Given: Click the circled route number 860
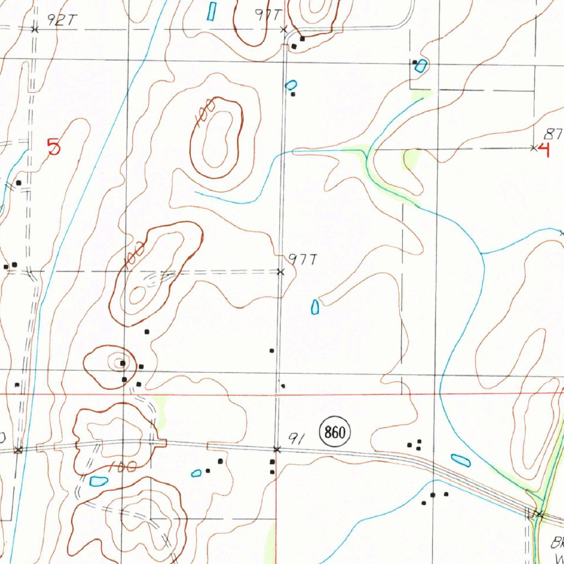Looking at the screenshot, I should [x=334, y=432].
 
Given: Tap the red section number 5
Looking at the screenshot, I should [x=53, y=147].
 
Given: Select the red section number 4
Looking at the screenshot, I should [x=545, y=149].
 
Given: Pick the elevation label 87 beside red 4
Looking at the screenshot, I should [x=553, y=133].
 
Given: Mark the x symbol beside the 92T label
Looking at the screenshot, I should [x=35, y=29].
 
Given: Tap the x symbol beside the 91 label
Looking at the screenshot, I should [x=276, y=450].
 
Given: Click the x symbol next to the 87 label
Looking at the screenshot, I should [x=533, y=148].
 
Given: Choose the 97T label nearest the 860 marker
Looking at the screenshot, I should [x=301, y=260].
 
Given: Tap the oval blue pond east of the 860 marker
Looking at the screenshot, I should [x=460, y=460].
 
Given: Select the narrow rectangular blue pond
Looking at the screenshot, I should [x=211, y=11].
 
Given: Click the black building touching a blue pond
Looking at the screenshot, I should [x=415, y=63].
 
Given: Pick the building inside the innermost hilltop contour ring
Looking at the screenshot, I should [x=123, y=363].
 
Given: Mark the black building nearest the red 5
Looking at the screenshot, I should [x=19, y=182].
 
